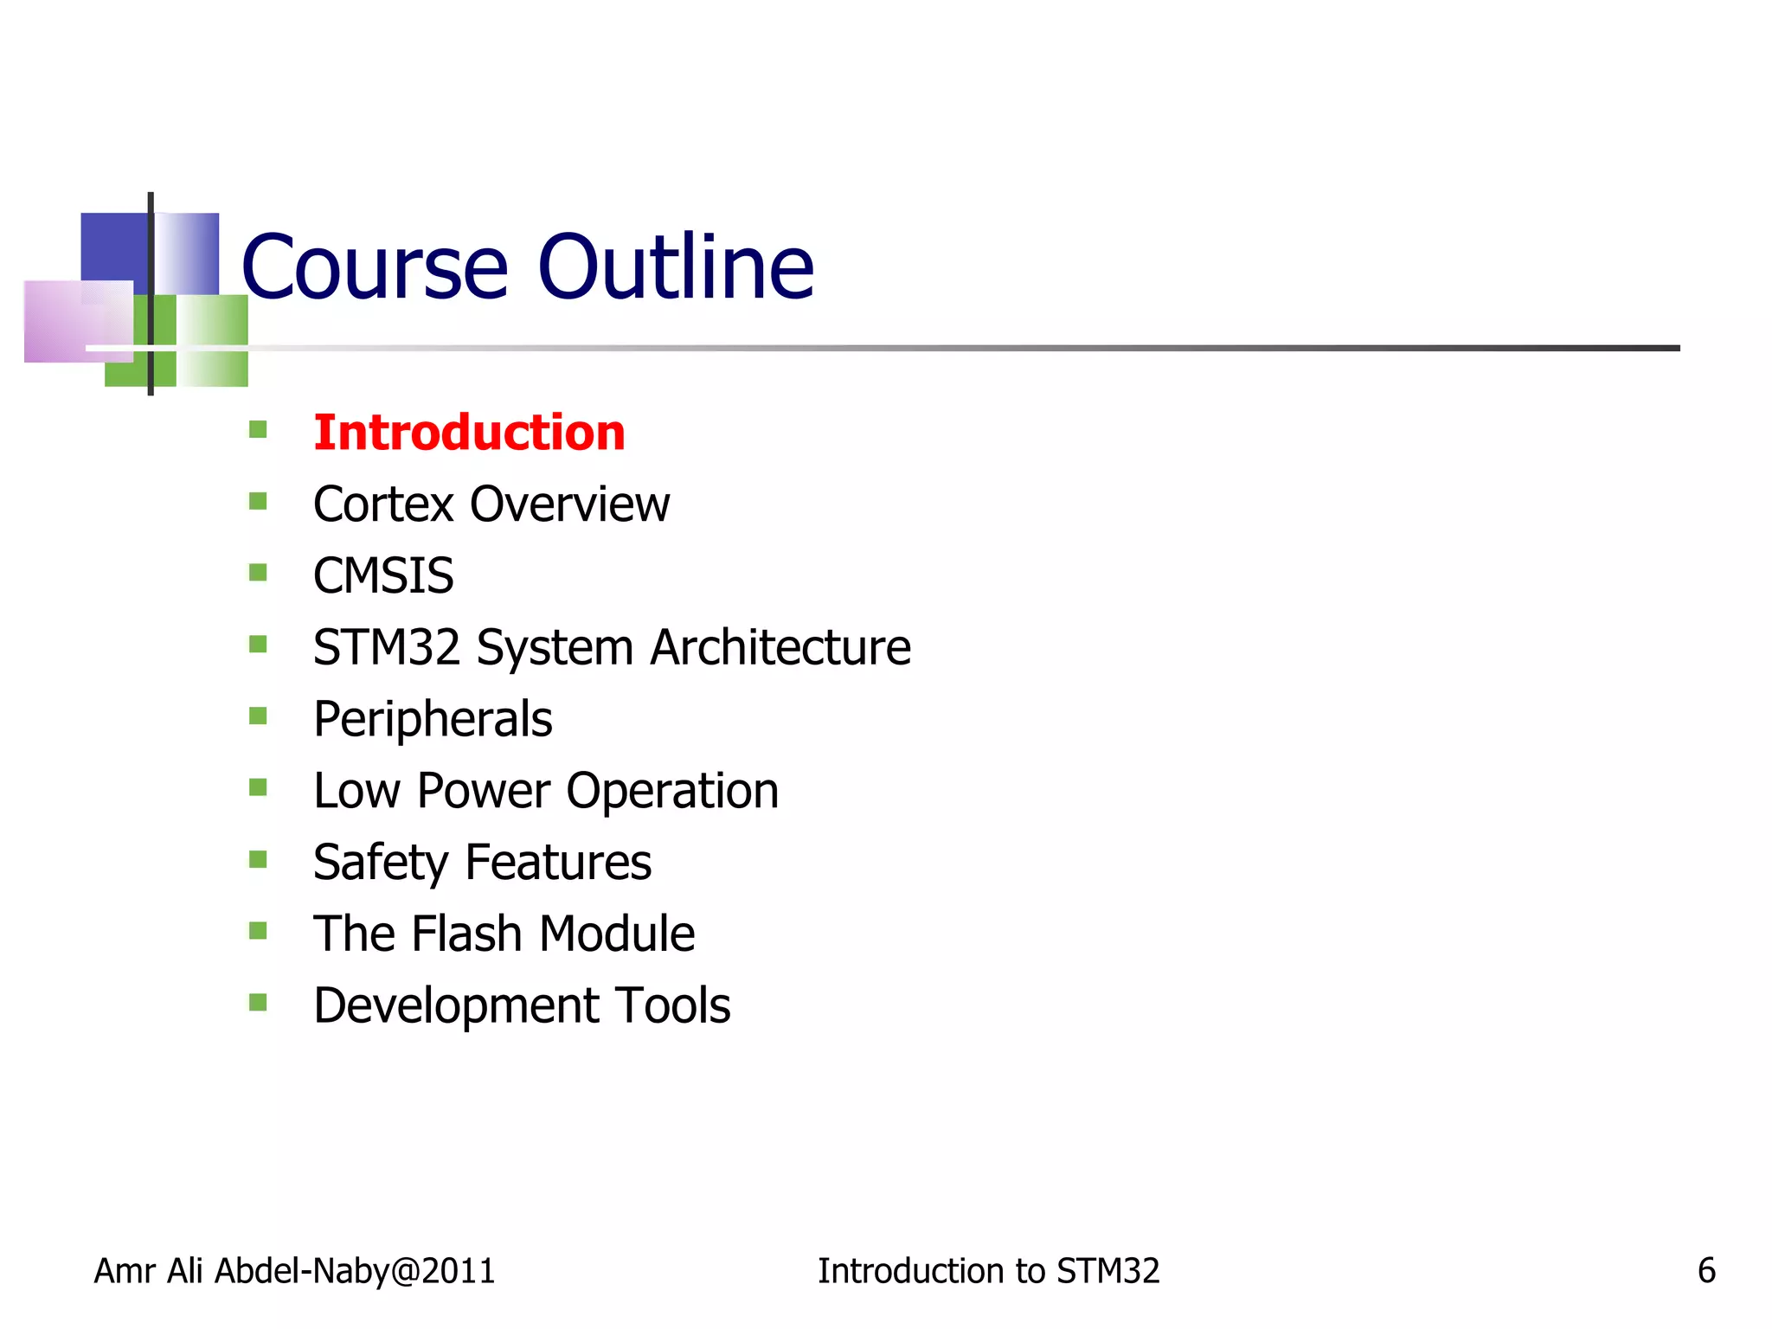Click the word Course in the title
pos(374,268)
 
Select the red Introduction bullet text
pos(469,433)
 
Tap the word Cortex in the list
pos(382,504)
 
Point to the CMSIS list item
pos(383,576)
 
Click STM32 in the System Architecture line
pos(386,647)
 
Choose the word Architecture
pos(780,647)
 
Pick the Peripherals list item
pos(433,720)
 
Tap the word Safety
pos(381,864)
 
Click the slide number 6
pos(1706,1271)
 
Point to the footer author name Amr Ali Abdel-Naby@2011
pos(294,1271)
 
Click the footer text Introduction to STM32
pos(988,1271)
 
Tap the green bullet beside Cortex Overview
pos(258,501)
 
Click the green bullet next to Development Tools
pos(258,1002)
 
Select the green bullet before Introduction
pos(258,429)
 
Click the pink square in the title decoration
pos(65,320)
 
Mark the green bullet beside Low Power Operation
pos(258,787)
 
